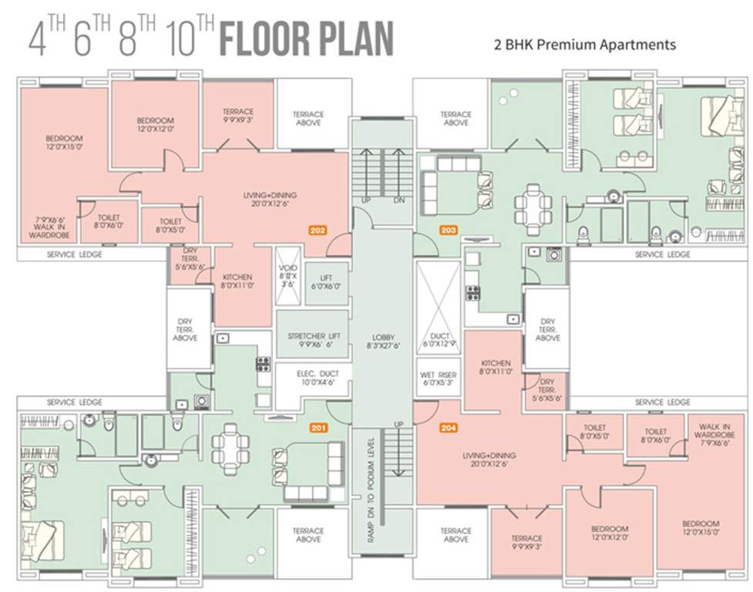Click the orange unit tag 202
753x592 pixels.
point(318,230)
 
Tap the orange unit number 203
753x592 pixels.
point(448,230)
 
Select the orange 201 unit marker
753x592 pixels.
point(318,428)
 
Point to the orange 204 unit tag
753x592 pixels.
point(449,428)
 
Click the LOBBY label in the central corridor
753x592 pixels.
point(382,341)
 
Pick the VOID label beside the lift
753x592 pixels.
point(287,273)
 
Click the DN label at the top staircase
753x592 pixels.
point(398,200)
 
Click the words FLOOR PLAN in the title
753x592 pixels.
point(306,39)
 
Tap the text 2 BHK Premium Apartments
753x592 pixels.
point(584,45)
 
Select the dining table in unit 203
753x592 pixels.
point(533,203)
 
